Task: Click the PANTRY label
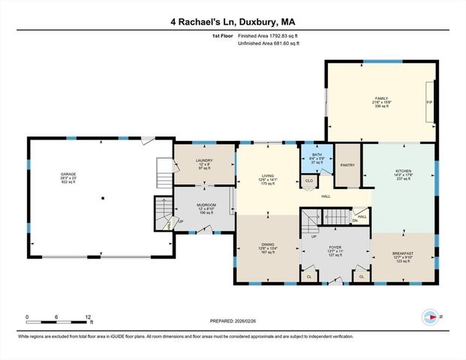[x=347, y=165]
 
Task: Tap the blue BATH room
[x=316, y=158]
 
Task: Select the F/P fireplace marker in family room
[x=429, y=102]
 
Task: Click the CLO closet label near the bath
[x=308, y=181]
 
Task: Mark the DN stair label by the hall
[x=355, y=220]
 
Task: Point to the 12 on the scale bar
[x=89, y=316]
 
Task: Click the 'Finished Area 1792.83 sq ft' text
[x=269, y=35]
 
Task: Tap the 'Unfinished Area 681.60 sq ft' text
[x=269, y=43]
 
